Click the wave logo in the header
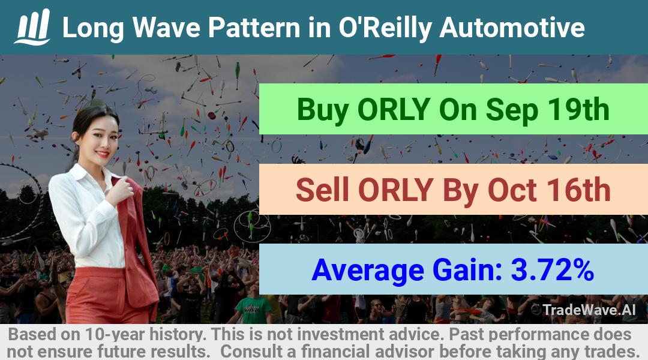(x=32, y=27)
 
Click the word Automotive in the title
(x=512, y=28)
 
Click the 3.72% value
(x=553, y=269)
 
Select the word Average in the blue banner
(x=368, y=271)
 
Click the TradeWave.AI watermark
(x=584, y=310)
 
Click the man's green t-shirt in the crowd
(x=253, y=310)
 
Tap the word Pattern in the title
(x=254, y=28)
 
